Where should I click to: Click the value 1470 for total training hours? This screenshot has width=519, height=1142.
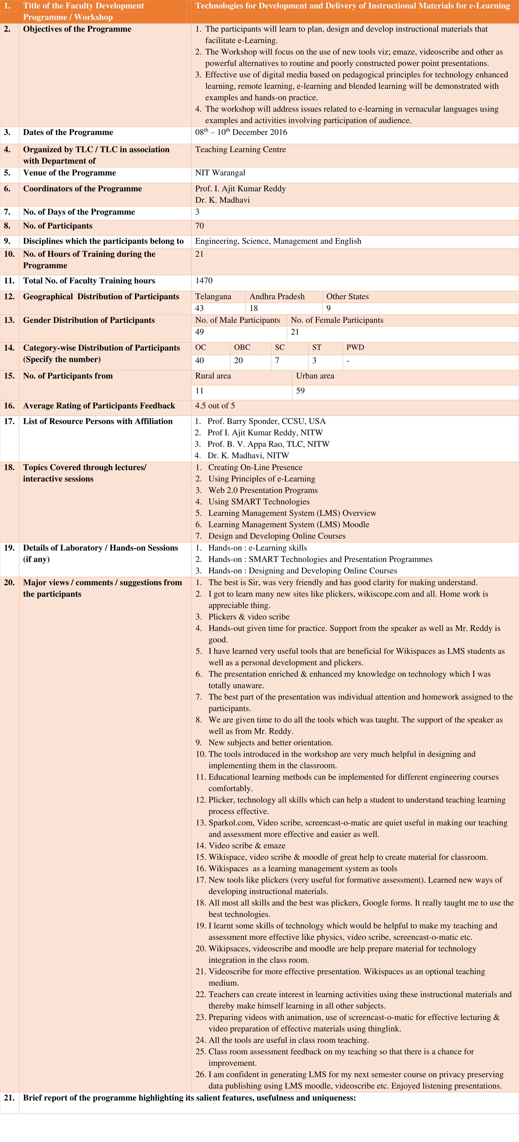click(204, 281)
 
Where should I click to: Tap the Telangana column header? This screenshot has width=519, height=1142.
click(213, 297)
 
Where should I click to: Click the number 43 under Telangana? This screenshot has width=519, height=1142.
click(200, 308)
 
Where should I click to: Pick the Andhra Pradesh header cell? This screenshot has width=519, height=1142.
click(277, 297)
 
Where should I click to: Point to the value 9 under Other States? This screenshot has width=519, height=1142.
click(329, 308)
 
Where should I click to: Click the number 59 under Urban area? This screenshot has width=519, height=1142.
click(301, 391)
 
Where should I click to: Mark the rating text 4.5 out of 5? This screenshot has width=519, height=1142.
click(215, 406)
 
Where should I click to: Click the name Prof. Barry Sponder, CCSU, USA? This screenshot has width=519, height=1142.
click(266, 421)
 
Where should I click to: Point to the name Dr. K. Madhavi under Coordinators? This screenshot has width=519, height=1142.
click(222, 200)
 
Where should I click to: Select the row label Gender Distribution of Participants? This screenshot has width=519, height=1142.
click(89, 320)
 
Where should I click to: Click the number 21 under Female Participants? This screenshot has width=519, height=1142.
click(295, 332)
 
